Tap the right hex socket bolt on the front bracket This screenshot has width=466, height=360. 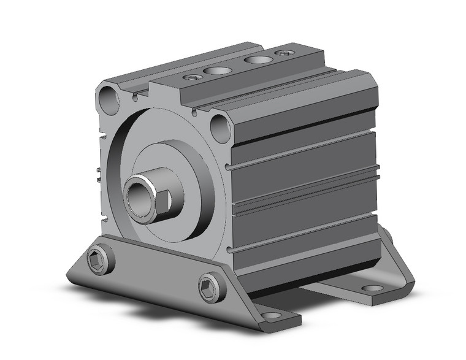(208, 286)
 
